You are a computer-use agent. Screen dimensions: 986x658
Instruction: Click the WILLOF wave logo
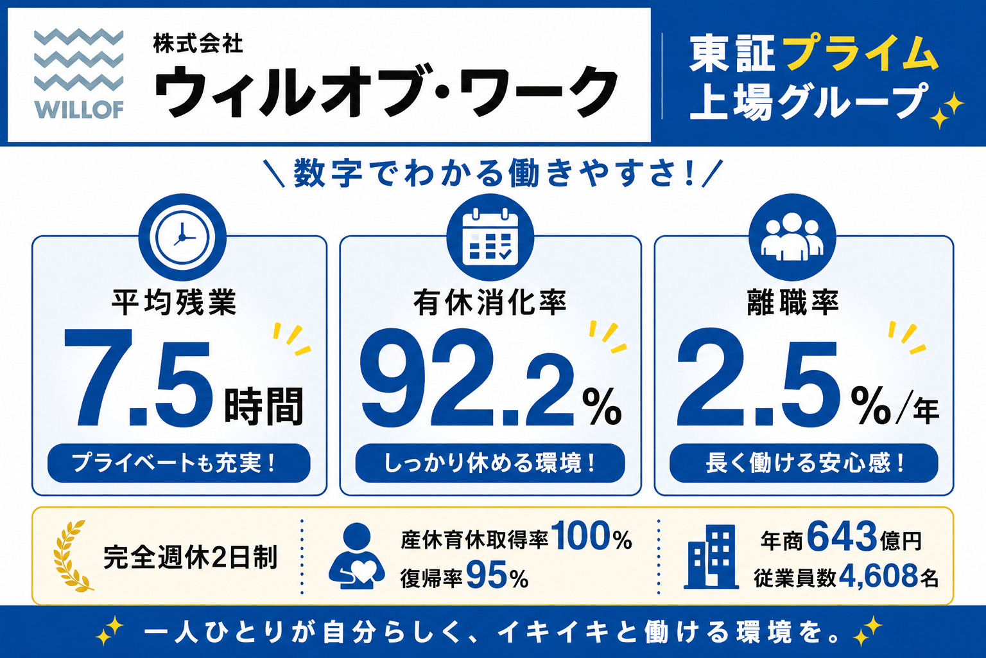(79, 74)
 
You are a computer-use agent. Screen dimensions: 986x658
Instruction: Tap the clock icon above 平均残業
(182, 237)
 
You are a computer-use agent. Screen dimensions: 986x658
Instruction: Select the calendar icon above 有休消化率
(490, 237)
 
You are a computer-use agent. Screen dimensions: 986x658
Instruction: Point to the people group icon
(792, 237)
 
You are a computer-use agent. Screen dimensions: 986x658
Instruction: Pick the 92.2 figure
(467, 377)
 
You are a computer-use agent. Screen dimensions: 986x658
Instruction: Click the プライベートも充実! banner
(178, 463)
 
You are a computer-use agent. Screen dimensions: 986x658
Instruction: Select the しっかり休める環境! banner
(490, 463)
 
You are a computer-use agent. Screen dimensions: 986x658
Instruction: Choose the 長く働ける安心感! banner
(804, 463)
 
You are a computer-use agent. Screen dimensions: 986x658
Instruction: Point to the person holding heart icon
(356, 556)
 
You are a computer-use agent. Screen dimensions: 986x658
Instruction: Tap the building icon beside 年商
(711, 556)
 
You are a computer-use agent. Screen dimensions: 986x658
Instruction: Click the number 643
(842, 537)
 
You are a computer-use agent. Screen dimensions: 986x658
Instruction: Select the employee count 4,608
(878, 576)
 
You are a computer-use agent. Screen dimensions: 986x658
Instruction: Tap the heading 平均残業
(174, 303)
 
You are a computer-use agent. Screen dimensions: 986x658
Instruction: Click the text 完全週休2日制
(190, 557)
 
